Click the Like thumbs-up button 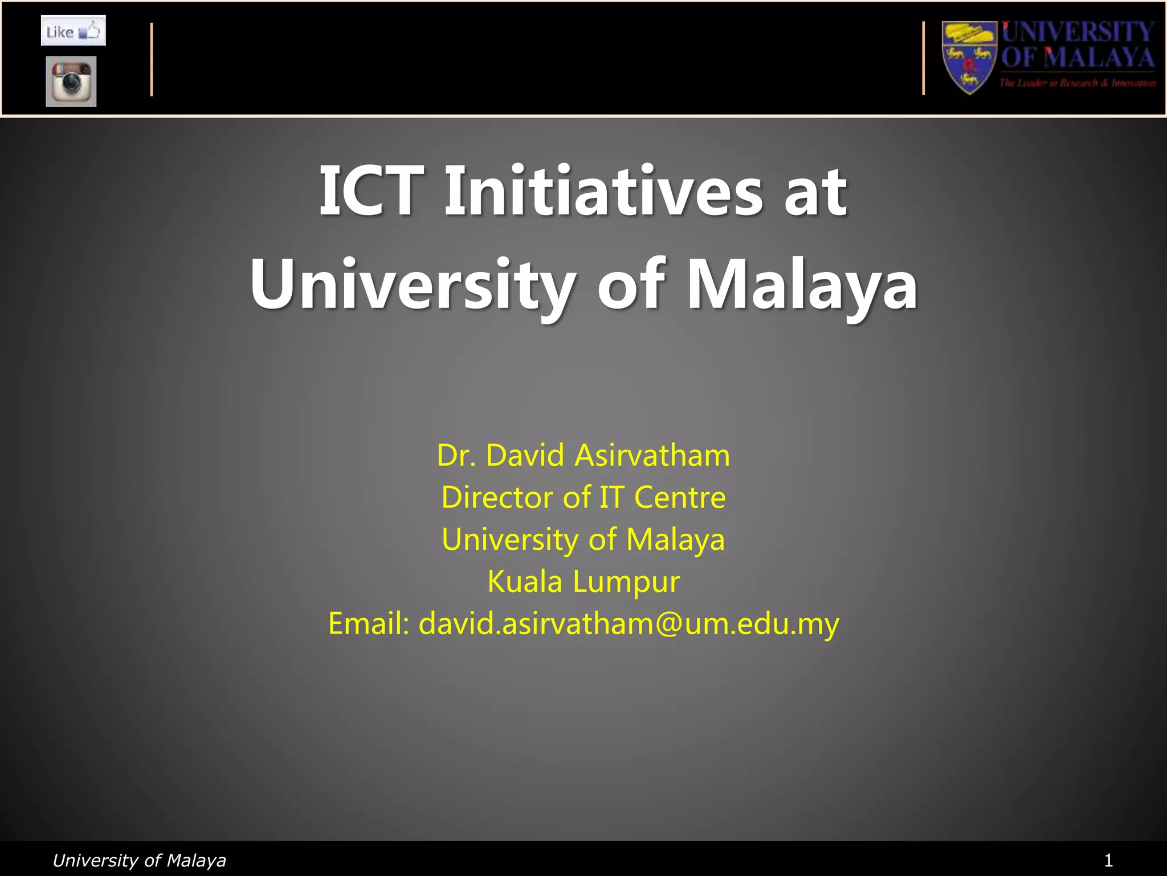coord(73,31)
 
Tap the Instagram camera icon coord(71,81)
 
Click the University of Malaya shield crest coord(969,57)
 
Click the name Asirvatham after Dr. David coord(652,455)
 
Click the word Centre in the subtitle coord(680,497)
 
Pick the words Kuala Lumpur coord(583,582)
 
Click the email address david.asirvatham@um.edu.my coord(629,623)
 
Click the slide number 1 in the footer coord(1108,860)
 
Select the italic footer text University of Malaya coord(139,860)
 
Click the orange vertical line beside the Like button coord(152,59)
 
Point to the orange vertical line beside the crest coord(923,58)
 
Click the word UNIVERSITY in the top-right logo coord(1078,32)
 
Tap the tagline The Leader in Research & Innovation coord(1078,83)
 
